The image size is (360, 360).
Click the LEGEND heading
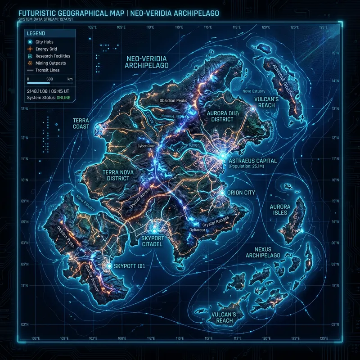click(36, 33)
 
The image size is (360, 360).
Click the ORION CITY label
click(242, 193)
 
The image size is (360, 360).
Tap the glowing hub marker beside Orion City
click(222, 193)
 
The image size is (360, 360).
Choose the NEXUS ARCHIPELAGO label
click(264, 252)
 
